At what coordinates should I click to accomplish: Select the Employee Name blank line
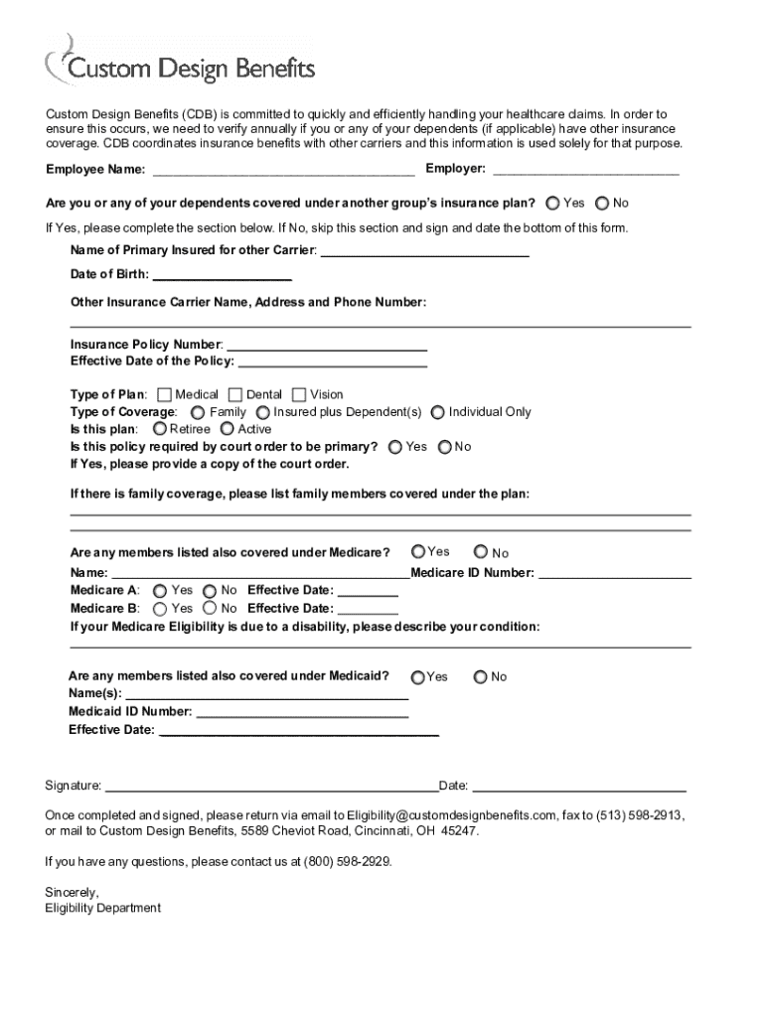point(282,171)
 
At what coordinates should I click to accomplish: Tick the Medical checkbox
point(165,394)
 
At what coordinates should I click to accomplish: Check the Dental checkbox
point(235,394)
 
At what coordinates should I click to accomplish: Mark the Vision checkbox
point(301,394)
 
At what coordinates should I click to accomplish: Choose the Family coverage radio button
point(199,412)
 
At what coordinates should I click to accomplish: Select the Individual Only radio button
point(438,412)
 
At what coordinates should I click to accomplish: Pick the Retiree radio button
point(160,429)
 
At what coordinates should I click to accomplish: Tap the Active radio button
point(228,429)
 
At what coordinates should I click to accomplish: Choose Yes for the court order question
point(395,447)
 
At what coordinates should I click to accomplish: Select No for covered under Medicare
point(481,552)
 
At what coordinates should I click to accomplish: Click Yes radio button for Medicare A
point(160,590)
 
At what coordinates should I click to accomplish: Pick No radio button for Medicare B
point(210,608)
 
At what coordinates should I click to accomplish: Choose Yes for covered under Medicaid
point(418,676)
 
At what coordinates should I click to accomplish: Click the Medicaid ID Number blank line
point(302,713)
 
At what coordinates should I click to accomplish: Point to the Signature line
point(271,788)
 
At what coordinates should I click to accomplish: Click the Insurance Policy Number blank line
point(328,346)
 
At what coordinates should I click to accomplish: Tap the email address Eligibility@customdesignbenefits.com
point(451,813)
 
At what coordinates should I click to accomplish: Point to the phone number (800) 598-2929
point(347,862)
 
